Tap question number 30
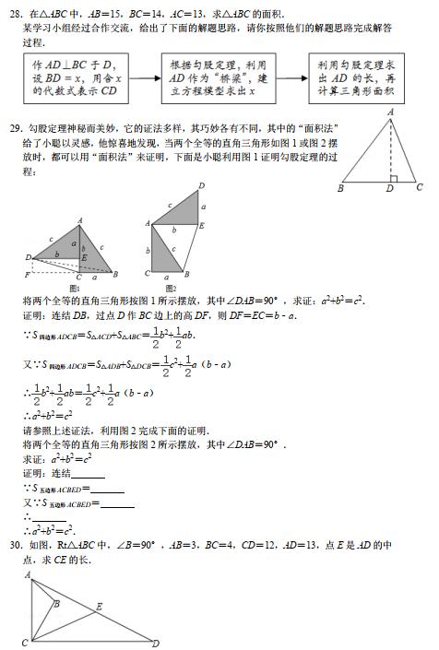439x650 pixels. click(x=14, y=545)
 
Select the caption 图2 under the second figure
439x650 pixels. click(x=171, y=289)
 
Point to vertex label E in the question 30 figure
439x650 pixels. click(x=99, y=606)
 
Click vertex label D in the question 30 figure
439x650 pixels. click(x=156, y=643)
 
